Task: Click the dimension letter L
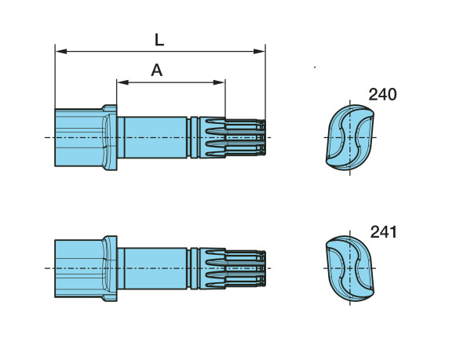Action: coord(159,40)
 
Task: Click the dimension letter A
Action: coord(157,71)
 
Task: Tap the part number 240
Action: coord(382,94)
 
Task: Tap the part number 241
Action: coord(383,232)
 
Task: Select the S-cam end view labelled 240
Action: coord(350,137)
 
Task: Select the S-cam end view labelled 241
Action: coord(350,268)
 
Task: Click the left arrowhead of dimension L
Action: coord(61,51)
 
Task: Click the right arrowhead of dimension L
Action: coord(259,51)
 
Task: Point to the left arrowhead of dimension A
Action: coord(122,82)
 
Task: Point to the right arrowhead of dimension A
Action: coord(219,82)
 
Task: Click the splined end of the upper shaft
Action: coord(232,137)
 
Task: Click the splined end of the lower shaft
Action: coord(232,268)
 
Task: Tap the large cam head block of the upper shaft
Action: coord(78,137)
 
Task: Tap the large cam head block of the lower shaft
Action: coord(78,268)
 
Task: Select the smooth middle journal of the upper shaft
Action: coord(155,137)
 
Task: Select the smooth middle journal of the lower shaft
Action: coord(155,268)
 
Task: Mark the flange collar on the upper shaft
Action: coord(110,137)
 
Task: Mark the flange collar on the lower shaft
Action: coord(110,268)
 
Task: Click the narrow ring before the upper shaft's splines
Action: coord(195,137)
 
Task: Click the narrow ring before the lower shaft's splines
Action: coord(195,268)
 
